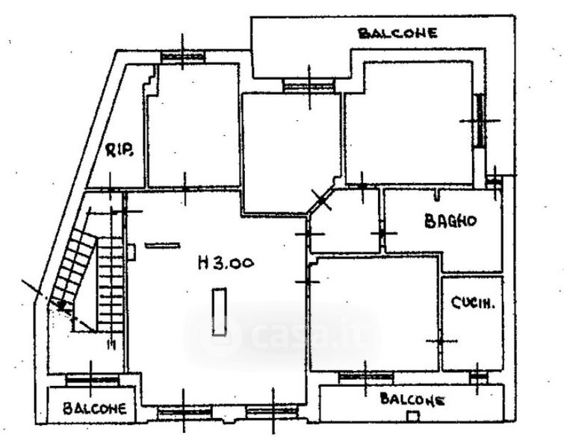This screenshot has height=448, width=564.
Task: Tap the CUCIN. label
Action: (x=468, y=303)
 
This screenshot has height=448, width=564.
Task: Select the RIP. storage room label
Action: (x=120, y=152)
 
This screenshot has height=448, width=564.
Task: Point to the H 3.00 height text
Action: (x=226, y=262)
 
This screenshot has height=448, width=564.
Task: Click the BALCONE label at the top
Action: (x=397, y=33)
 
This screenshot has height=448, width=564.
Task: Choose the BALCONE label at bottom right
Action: (x=412, y=399)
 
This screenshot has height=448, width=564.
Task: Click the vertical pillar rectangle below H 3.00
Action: (x=219, y=313)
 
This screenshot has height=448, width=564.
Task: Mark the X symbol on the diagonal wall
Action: (x=321, y=199)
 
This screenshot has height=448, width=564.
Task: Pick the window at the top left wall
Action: (x=183, y=56)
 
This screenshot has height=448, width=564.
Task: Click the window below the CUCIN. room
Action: (x=477, y=378)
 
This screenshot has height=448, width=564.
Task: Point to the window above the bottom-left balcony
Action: (x=92, y=379)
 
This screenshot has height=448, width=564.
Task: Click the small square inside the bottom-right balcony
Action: (x=409, y=414)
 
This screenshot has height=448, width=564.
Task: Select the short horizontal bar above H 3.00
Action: (x=162, y=244)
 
